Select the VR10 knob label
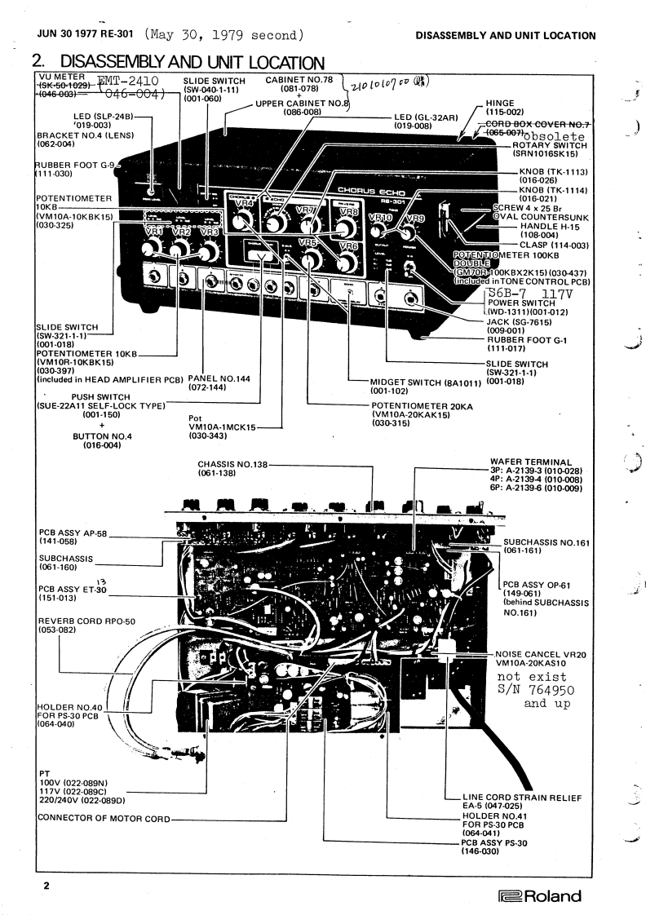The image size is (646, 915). pyautogui.click(x=381, y=218)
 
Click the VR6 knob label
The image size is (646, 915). pyautogui.click(x=347, y=245)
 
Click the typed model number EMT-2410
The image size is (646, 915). pyautogui.click(x=132, y=80)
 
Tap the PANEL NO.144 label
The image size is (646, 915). pyautogui.click(x=223, y=379)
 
